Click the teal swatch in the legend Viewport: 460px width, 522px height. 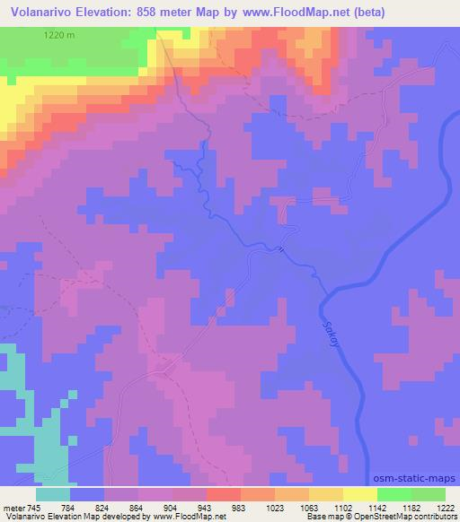tap(54, 494)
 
